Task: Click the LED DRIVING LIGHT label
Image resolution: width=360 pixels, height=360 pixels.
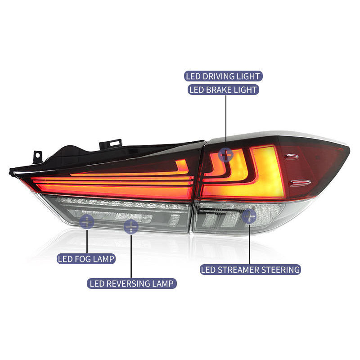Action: tap(223, 76)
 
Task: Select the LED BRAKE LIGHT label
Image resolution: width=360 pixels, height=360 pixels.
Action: tap(223, 90)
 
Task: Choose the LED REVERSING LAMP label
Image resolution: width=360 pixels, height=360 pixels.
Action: tap(131, 283)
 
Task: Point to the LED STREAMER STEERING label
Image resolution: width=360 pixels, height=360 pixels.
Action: tap(251, 270)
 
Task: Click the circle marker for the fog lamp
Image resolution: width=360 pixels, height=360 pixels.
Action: tap(86, 221)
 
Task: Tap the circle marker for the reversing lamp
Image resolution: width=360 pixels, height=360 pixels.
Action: tap(131, 227)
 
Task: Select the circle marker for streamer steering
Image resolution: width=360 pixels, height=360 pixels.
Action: tap(249, 216)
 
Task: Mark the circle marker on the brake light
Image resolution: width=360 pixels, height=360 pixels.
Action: tap(225, 155)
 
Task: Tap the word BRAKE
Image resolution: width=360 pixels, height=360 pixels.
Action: tap(218, 90)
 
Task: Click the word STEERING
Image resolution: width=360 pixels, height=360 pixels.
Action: tap(279, 270)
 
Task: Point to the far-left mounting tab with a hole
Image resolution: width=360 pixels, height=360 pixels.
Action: tap(36, 157)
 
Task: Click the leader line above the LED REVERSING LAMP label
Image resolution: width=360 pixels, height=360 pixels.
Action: tap(131, 256)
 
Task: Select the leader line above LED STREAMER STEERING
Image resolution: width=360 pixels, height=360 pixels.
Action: tap(249, 243)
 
